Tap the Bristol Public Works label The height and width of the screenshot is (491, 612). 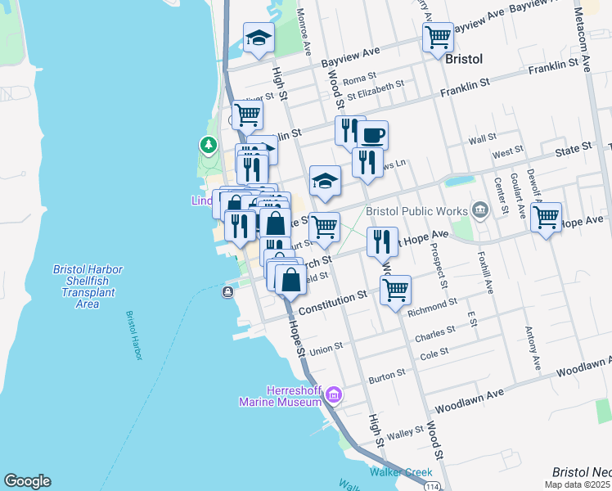[x=416, y=211]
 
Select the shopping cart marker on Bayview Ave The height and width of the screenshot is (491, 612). [x=438, y=37]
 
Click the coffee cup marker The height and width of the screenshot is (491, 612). [x=372, y=134]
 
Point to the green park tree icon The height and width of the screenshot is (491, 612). [x=209, y=146]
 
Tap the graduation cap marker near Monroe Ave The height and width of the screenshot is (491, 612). [x=259, y=38]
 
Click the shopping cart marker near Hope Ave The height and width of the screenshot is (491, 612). [x=546, y=218]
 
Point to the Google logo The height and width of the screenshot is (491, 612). [x=27, y=481]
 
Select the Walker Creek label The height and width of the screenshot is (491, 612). [x=394, y=472]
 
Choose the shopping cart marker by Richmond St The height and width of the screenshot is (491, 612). [x=395, y=290]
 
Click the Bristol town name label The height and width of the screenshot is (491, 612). [x=464, y=60]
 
